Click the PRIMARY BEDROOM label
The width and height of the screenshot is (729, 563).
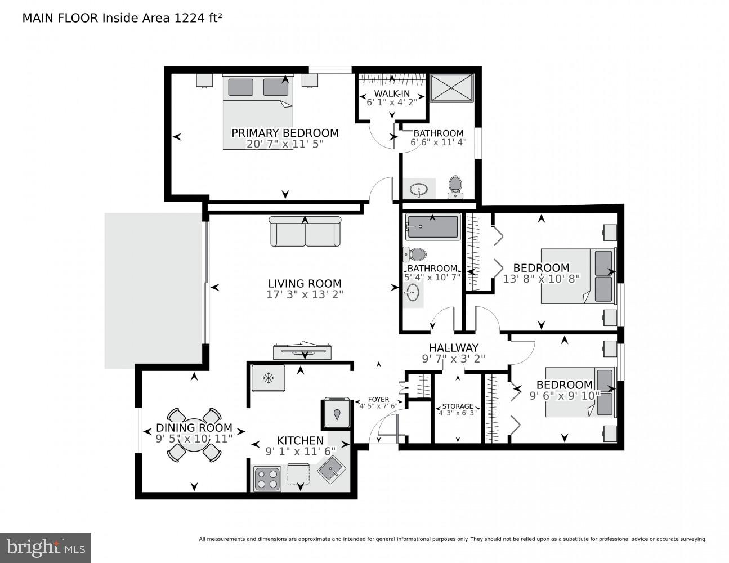285,133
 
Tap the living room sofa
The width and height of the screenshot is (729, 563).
305,231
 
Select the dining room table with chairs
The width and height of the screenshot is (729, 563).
194,435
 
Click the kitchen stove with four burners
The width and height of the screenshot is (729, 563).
267,478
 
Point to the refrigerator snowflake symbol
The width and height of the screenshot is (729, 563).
269,378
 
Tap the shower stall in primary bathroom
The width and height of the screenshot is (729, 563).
452,87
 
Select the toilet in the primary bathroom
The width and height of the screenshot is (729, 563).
455,186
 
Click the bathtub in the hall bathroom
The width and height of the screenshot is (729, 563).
432,227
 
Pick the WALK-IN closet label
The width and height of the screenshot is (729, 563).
392,93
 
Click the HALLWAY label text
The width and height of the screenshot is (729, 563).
453,348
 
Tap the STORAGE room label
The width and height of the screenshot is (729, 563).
457,406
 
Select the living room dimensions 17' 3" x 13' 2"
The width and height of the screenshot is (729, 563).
305,294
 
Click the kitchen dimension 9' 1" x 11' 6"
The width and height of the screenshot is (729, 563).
300,451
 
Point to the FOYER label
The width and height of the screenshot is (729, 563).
378,400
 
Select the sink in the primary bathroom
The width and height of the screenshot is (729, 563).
418,189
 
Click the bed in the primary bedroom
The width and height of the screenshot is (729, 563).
258,111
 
